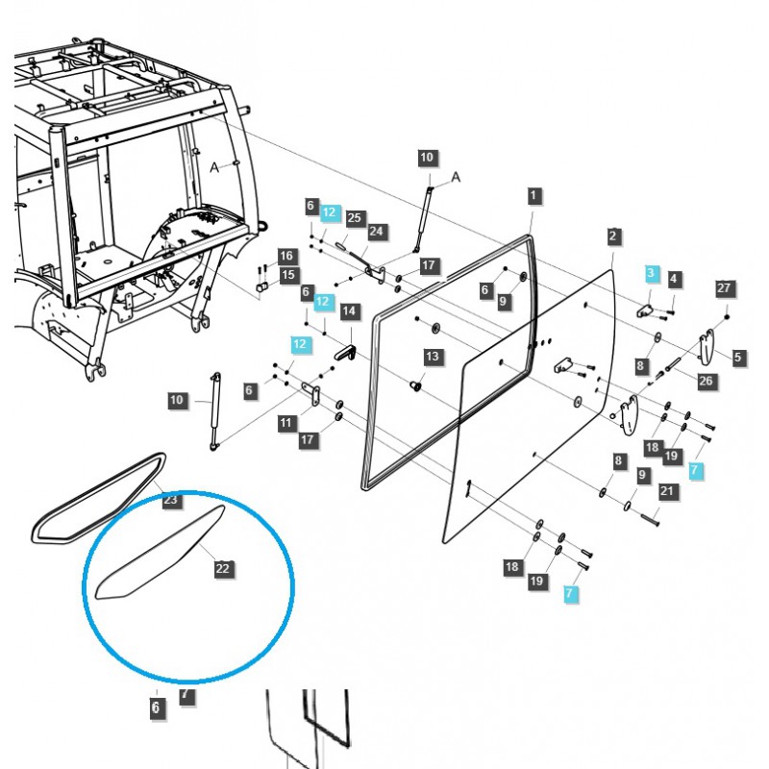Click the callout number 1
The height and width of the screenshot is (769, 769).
[533, 195]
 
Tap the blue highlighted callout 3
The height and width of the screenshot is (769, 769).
[652, 274]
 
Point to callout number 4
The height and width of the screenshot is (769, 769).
[674, 279]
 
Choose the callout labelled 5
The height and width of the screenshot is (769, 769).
[738, 358]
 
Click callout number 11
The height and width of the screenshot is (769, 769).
[285, 423]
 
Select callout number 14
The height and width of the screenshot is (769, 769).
[349, 310]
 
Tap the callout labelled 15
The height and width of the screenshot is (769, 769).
[286, 276]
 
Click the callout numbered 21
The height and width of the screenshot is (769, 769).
[667, 491]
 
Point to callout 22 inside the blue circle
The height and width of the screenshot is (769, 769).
[223, 569]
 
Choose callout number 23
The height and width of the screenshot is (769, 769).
[170, 500]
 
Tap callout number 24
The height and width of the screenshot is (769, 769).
[376, 232]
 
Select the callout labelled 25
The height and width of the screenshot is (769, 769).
[354, 218]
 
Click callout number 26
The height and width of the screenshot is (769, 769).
[706, 381]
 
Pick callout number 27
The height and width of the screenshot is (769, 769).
[725, 287]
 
